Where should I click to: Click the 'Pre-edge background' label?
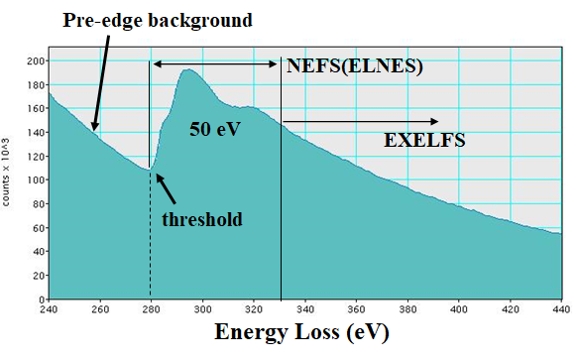pos(158,20)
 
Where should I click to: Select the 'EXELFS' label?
pos(424,141)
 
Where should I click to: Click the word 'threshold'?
pos(201,218)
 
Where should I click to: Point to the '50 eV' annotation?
pos(216,128)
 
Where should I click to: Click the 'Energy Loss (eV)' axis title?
pos(301,332)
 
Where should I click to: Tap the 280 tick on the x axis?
pos(150,308)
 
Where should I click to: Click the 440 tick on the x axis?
pos(560,308)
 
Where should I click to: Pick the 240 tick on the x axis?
pos(48,308)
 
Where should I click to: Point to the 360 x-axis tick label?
pos(356,308)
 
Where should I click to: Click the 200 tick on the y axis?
pos(34,60)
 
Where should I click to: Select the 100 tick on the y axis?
pos(34,180)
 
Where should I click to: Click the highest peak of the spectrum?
pos(189,70)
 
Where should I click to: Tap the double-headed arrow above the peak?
pos(215,64)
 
